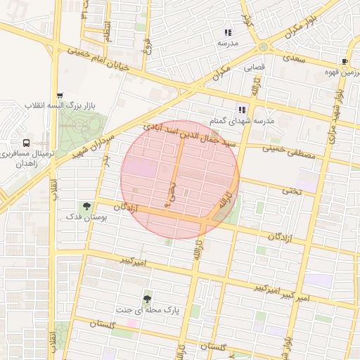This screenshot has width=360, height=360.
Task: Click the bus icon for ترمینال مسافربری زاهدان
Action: click(27, 143)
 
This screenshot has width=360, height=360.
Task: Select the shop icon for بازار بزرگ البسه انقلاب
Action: click(60, 96)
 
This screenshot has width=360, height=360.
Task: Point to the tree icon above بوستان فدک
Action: click(86, 206)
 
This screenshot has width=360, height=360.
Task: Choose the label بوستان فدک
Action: click(86, 219)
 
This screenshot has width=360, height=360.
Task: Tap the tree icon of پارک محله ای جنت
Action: click(147, 299)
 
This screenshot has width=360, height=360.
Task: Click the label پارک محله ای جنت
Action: click(147, 309)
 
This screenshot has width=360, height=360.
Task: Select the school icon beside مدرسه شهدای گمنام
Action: click(243, 110)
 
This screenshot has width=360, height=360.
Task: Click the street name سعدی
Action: click(296, 59)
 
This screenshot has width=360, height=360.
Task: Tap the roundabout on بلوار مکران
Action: click(263, 47)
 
